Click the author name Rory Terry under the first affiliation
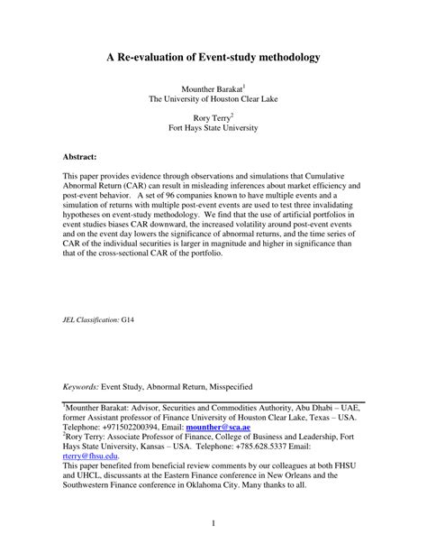[x=213, y=117]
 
